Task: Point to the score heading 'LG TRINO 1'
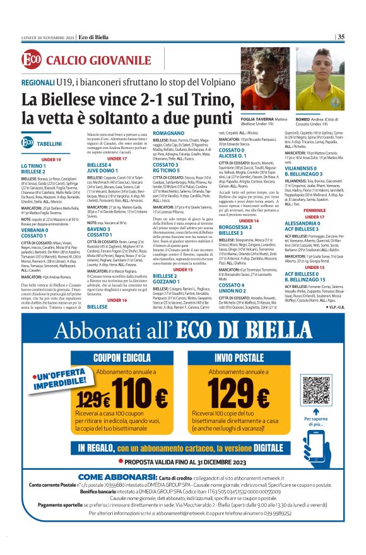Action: pyautogui.click(x=33, y=165)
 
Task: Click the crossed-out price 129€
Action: pyautogui.click(x=94, y=398)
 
